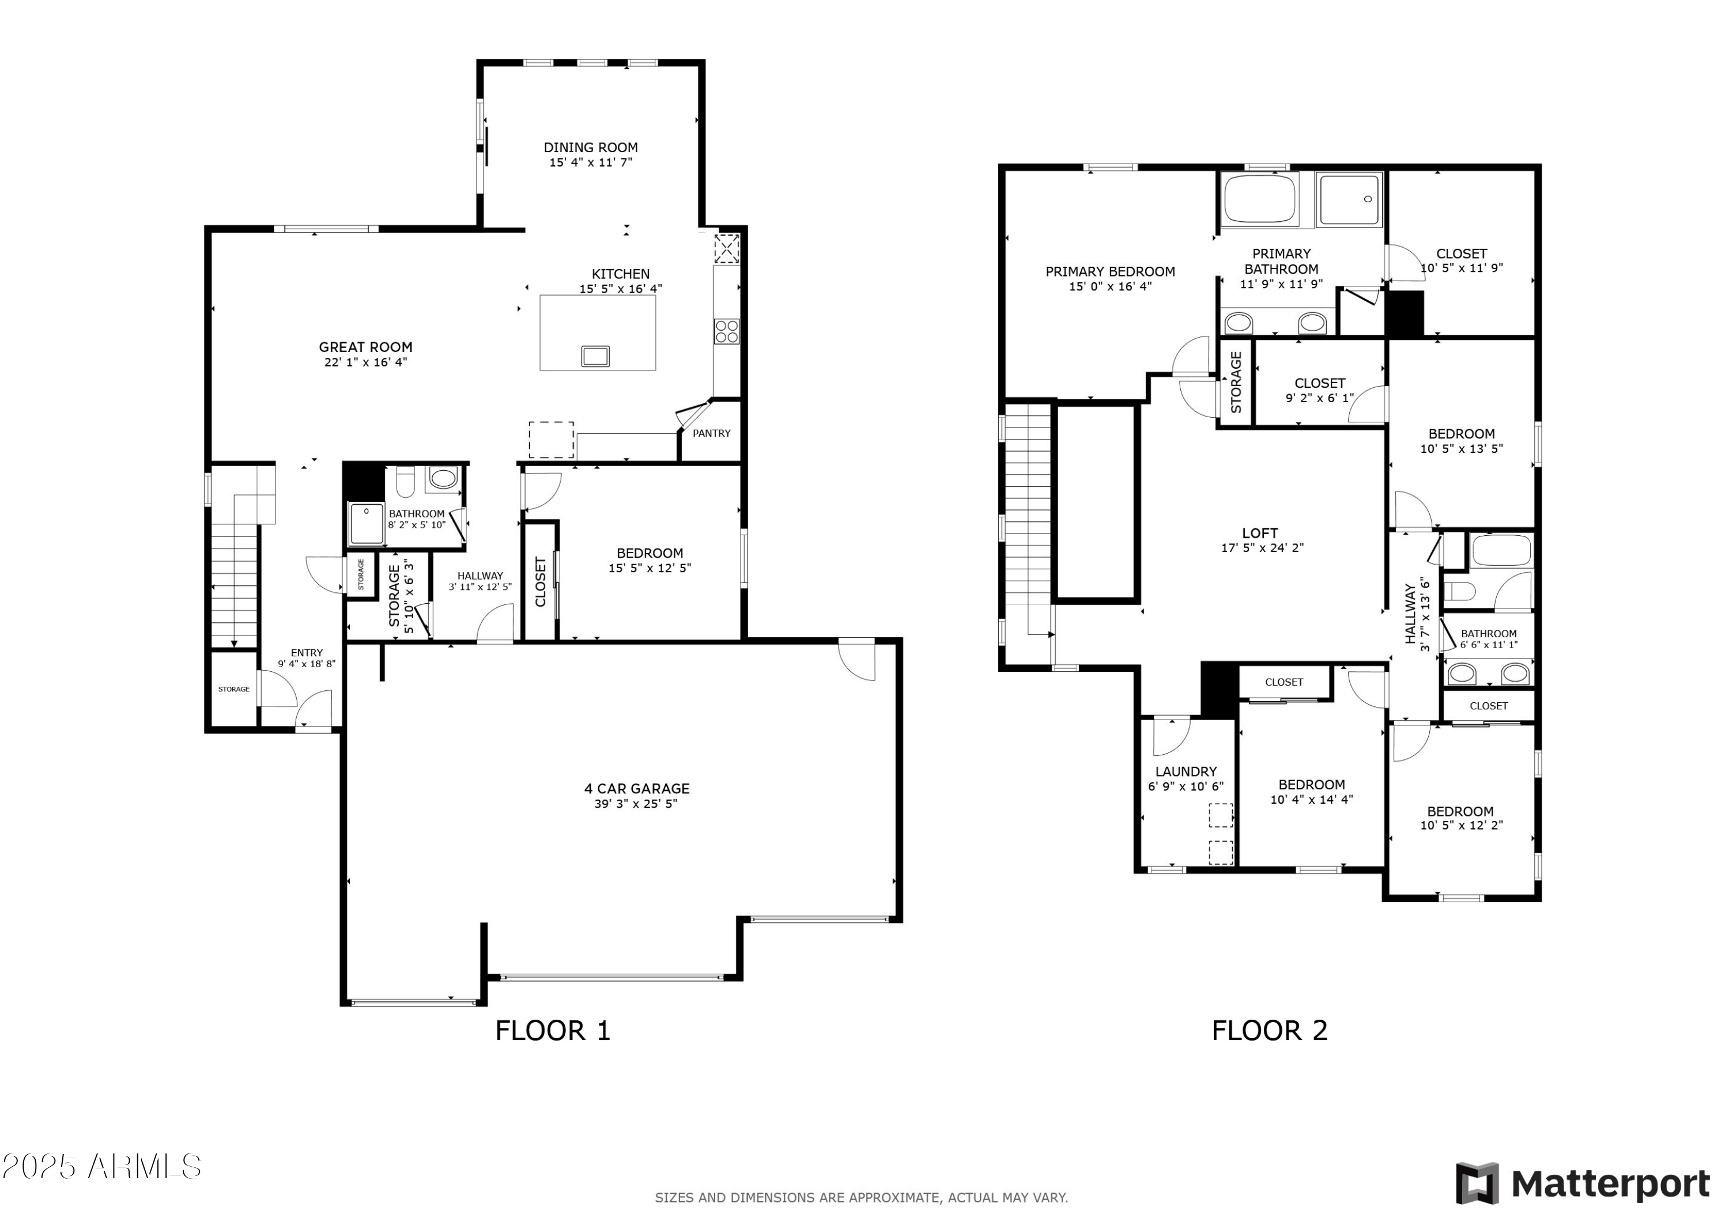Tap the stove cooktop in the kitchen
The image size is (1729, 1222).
coord(727,331)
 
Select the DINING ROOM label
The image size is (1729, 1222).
coord(590,147)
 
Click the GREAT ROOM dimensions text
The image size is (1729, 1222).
coord(365,362)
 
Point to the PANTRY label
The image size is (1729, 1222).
coord(711,433)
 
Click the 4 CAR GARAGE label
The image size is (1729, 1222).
coord(636,788)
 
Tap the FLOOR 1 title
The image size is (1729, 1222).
coord(552,1030)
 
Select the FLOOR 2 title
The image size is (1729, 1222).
coord(1269,1030)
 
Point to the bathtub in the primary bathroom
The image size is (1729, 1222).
coord(1259,199)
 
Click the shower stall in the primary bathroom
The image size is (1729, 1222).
coord(1349,199)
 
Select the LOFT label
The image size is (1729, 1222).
coord(1260,533)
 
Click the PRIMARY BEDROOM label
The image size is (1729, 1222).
coord(1110,272)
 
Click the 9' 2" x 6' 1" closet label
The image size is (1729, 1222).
coord(1319,398)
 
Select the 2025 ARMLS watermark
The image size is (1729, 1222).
coord(101,1166)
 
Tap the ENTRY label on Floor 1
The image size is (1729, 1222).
coord(307,653)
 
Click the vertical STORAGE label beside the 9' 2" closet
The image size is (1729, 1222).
coord(1236,383)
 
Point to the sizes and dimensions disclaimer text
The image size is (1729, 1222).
coord(860,1197)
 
